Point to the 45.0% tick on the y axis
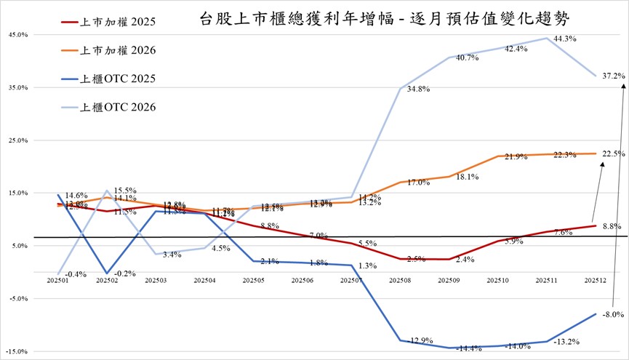(17, 35)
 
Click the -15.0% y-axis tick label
(17, 351)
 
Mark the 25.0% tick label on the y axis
(17, 140)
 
